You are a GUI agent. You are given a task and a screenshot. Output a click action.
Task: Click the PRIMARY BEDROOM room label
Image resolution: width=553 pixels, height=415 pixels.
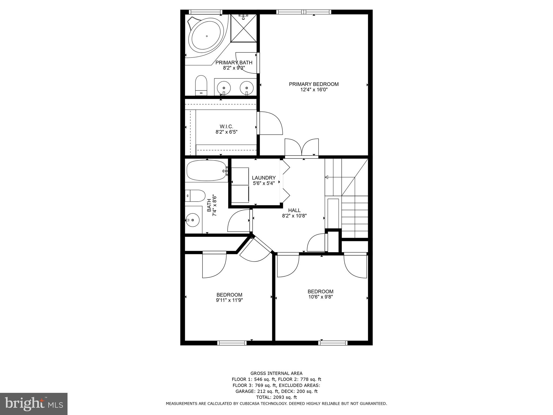point(313,84)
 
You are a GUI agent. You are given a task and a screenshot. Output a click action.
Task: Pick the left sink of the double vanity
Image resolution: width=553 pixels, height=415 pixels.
point(224,88)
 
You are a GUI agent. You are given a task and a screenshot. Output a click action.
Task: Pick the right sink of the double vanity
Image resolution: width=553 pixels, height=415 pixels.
point(247,88)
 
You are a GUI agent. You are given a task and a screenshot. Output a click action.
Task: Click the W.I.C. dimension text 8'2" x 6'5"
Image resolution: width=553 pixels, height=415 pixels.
point(226,132)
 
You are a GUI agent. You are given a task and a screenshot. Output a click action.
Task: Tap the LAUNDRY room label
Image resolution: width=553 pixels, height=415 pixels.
point(264,178)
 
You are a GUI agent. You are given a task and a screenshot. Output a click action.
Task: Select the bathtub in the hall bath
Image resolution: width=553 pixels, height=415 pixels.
point(207,170)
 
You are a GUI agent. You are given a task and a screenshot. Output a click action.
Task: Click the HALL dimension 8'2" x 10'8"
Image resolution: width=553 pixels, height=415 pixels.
point(294,216)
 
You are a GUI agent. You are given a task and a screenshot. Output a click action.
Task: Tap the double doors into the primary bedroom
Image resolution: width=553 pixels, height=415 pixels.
point(302,148)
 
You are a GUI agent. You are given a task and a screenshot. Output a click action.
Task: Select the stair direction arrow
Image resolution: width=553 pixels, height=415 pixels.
point(326,177)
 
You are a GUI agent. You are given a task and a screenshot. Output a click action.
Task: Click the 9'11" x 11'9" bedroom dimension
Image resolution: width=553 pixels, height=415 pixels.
point(229,300)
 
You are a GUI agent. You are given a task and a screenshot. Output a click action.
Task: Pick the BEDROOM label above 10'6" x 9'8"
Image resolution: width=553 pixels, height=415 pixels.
point(320,292)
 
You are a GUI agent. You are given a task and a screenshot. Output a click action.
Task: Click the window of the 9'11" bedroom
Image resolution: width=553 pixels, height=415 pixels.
point(232,343)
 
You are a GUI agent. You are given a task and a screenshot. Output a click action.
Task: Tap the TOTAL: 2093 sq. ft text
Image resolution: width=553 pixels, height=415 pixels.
point(276,397)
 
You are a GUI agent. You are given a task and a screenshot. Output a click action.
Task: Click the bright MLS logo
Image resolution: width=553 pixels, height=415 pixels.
point(34,404)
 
